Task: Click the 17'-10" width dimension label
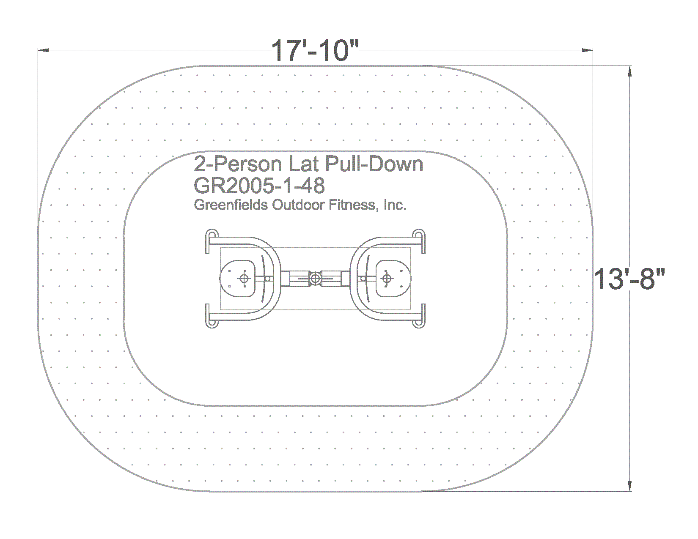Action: click(x=315, y=51)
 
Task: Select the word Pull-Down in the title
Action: click(x=374, y=164)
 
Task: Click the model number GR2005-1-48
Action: click(x=259, y=186)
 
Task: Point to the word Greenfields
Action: click(x=231, y=205)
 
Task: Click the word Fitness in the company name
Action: click(x=352, y=205)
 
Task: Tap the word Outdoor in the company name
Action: click(x=298, y=205)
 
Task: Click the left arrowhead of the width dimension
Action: click(x=44, y=50)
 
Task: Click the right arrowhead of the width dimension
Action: click(x=588, y=50)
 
